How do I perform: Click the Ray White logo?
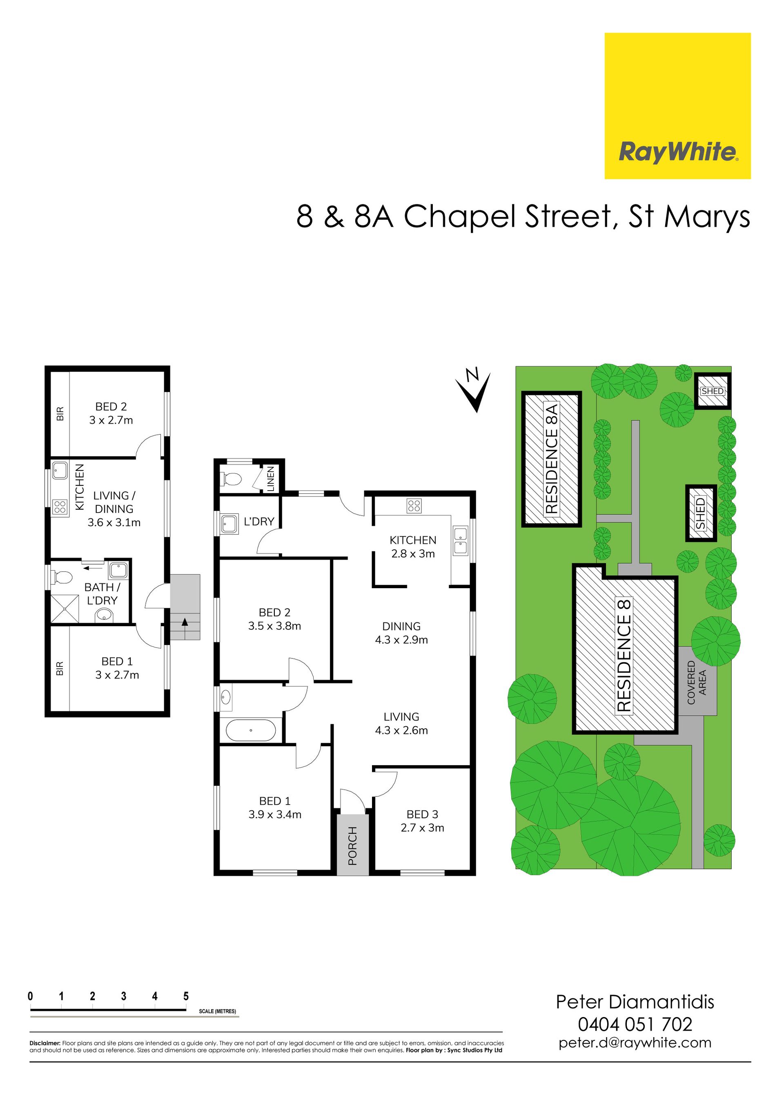tap(677, 106)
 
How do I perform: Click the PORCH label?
tap(352, 846)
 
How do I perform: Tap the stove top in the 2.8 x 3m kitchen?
tap(414, 506)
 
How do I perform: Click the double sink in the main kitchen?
tap(460, 540)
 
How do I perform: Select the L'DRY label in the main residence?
tap(259, 522)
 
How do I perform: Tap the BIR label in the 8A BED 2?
tap(60, 414)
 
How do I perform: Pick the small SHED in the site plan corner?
tap(713, 391)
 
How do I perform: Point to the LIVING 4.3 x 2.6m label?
tap(401, 723)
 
